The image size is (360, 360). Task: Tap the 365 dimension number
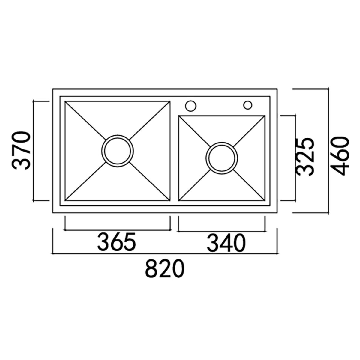116,242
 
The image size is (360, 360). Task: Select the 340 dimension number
226,243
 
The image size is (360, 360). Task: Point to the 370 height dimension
21,151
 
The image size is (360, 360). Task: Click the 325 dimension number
305,157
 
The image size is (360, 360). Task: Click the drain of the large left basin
117,151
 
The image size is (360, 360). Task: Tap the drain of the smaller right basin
222,158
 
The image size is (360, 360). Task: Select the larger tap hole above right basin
190,106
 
